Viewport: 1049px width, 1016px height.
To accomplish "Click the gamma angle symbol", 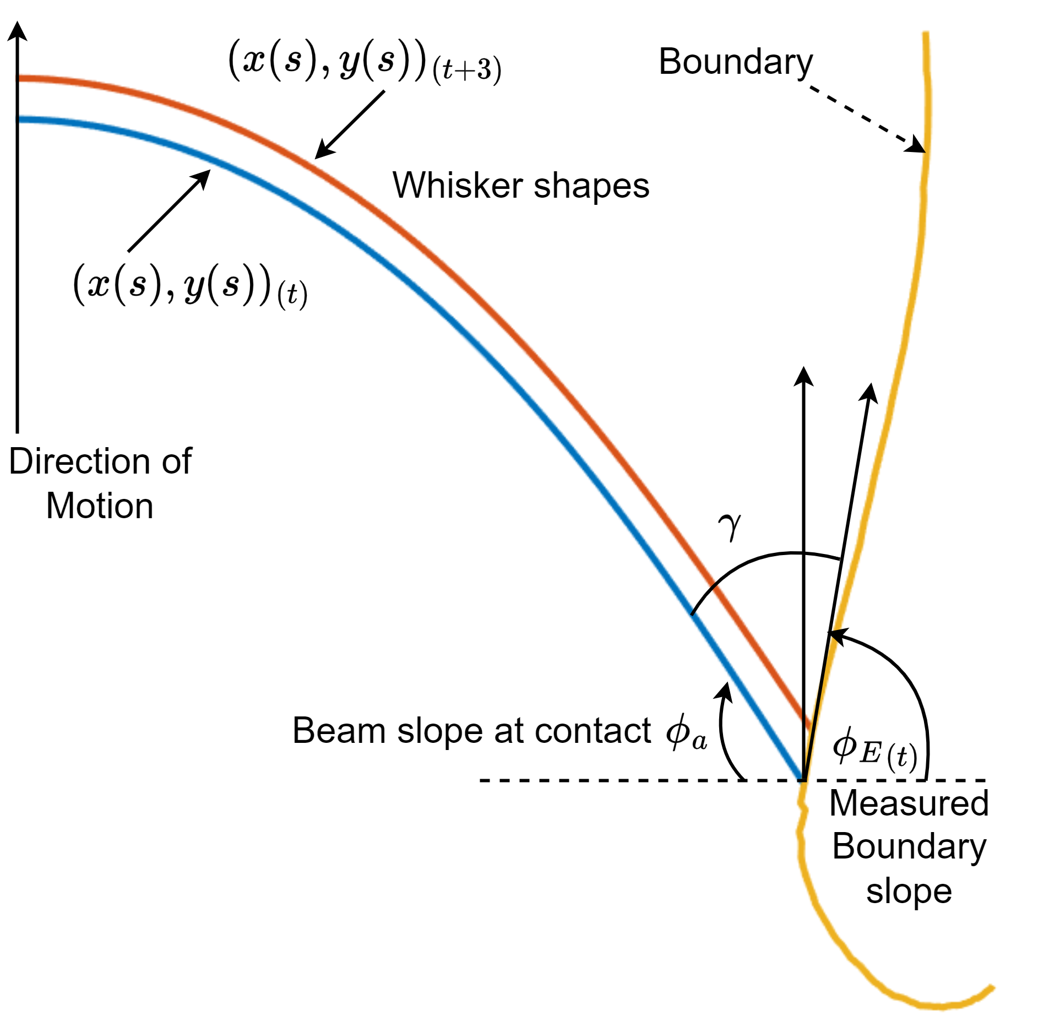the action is (x=730, y=526).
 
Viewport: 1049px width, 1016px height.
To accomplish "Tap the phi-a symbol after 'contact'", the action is (x=686, y=732).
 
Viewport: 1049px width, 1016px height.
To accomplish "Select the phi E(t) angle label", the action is (x=874, y=749).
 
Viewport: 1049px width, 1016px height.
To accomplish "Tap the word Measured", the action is (x=909, y=803).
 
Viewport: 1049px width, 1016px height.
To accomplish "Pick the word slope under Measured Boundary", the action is (x=909, y=891).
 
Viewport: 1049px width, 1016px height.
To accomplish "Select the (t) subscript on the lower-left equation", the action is (x=292, y=295).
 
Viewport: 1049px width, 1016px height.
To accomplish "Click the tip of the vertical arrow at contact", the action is (x=803, y=367).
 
